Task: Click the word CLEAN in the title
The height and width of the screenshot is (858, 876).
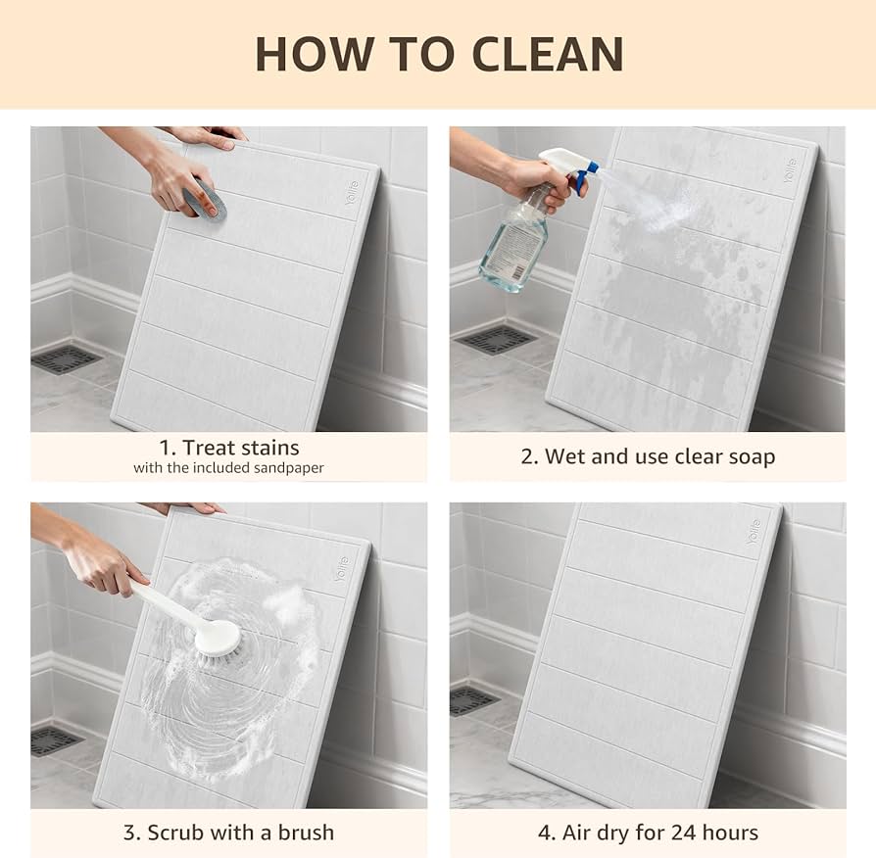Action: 548,54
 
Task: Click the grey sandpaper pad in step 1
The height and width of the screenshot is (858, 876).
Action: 205,198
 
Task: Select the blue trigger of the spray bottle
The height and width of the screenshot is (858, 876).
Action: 581,175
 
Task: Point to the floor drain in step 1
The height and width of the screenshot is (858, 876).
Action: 67,359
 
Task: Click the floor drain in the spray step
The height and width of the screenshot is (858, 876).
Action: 495,340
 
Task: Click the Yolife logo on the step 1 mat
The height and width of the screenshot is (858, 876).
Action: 352,193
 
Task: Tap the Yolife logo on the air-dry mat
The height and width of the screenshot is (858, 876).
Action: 754,532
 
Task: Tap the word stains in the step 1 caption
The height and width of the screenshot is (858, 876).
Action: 270,448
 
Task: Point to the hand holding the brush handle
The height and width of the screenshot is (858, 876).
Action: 101,564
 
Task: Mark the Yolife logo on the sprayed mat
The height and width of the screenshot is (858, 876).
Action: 790,171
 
